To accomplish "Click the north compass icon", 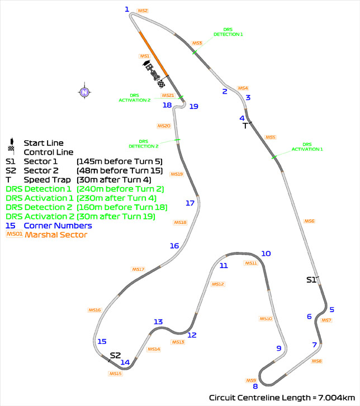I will pos(84,92).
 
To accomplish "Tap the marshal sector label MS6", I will pos(309,221).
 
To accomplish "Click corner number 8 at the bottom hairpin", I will pos(255,386).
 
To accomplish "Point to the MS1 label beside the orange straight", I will pos(144,56).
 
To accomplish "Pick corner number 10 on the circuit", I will pos(266,254).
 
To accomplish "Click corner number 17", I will pos(190,203).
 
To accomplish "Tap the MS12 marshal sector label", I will pos(218,284).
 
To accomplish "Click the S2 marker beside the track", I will pos(115,355).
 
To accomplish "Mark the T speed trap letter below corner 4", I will pos(244,126).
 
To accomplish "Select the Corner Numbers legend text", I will pos(58,226).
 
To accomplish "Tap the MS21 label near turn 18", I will pos(168,95).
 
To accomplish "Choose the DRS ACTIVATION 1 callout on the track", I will pos(307,147).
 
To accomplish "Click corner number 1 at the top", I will pos(127,9).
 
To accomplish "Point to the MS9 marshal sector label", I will pos(251,380).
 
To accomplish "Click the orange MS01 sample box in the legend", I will pos(14,235).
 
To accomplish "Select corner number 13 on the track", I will pos(158,322).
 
